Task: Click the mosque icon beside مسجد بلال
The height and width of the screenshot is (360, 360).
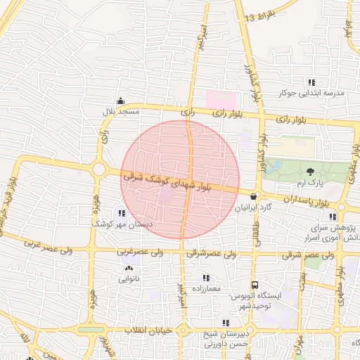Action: click(121, 101)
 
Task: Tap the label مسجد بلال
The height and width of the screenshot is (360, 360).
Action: click(119, 112)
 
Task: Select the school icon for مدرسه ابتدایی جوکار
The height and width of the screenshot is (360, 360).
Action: click(311, 82)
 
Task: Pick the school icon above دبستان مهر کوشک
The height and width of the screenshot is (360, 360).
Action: click(121, 212)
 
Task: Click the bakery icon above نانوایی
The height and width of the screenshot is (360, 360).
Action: click(128, 268)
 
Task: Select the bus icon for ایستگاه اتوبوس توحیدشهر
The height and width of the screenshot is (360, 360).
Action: click(255, 285)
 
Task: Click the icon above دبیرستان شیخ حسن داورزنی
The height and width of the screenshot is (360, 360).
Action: click(225, 323)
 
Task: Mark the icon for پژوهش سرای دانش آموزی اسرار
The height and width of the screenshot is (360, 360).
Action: click(342, 217)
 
